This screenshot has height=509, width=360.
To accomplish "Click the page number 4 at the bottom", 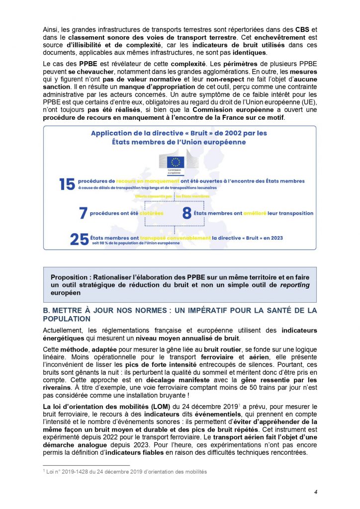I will click(x=315, y=492).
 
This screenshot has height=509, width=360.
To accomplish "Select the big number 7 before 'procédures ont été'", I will click(x=83, y=213).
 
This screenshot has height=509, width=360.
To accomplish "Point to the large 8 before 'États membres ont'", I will click(x=187, y=213).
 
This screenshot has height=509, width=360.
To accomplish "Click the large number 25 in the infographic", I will click(x=80, y=239).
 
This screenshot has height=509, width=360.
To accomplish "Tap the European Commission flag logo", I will click(x=175, y=162).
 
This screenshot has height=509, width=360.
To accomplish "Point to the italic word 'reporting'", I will click(x=293, y=285).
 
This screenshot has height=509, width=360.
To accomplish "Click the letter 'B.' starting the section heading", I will click(x=47, y=310).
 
